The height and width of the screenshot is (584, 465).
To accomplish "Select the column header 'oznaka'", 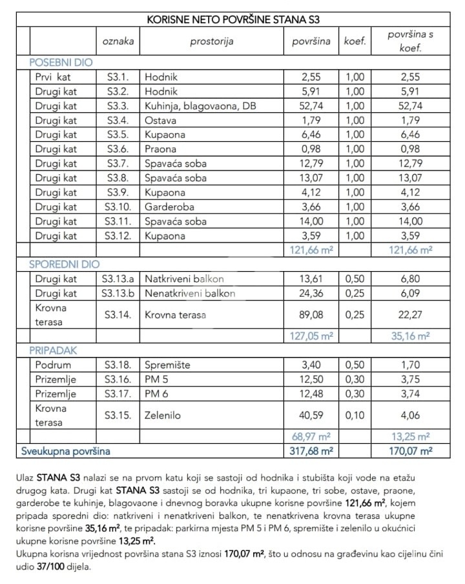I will tap(118, 42).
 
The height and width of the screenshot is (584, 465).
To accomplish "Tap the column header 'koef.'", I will tap(355, 42).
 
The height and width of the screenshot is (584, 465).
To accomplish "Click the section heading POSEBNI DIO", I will tap(61, 63).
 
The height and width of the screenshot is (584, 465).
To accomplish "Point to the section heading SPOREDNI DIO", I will tap(64, 265).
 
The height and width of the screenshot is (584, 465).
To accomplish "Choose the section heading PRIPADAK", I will tap(53, 350).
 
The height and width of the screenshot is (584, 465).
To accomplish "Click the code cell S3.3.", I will tap(118, 106).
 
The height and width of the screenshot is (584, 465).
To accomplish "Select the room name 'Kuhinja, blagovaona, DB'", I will tap(200, 106).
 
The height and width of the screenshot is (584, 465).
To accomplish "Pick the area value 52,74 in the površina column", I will tap(315, 106).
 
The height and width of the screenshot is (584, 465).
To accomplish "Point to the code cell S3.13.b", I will tap(118, 294).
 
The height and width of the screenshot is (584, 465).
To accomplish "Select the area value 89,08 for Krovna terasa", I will tap(315, 315).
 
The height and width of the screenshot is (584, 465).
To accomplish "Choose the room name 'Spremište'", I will tap(168, 365).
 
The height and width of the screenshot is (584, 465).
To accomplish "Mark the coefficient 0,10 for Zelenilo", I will tap(355, 416).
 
